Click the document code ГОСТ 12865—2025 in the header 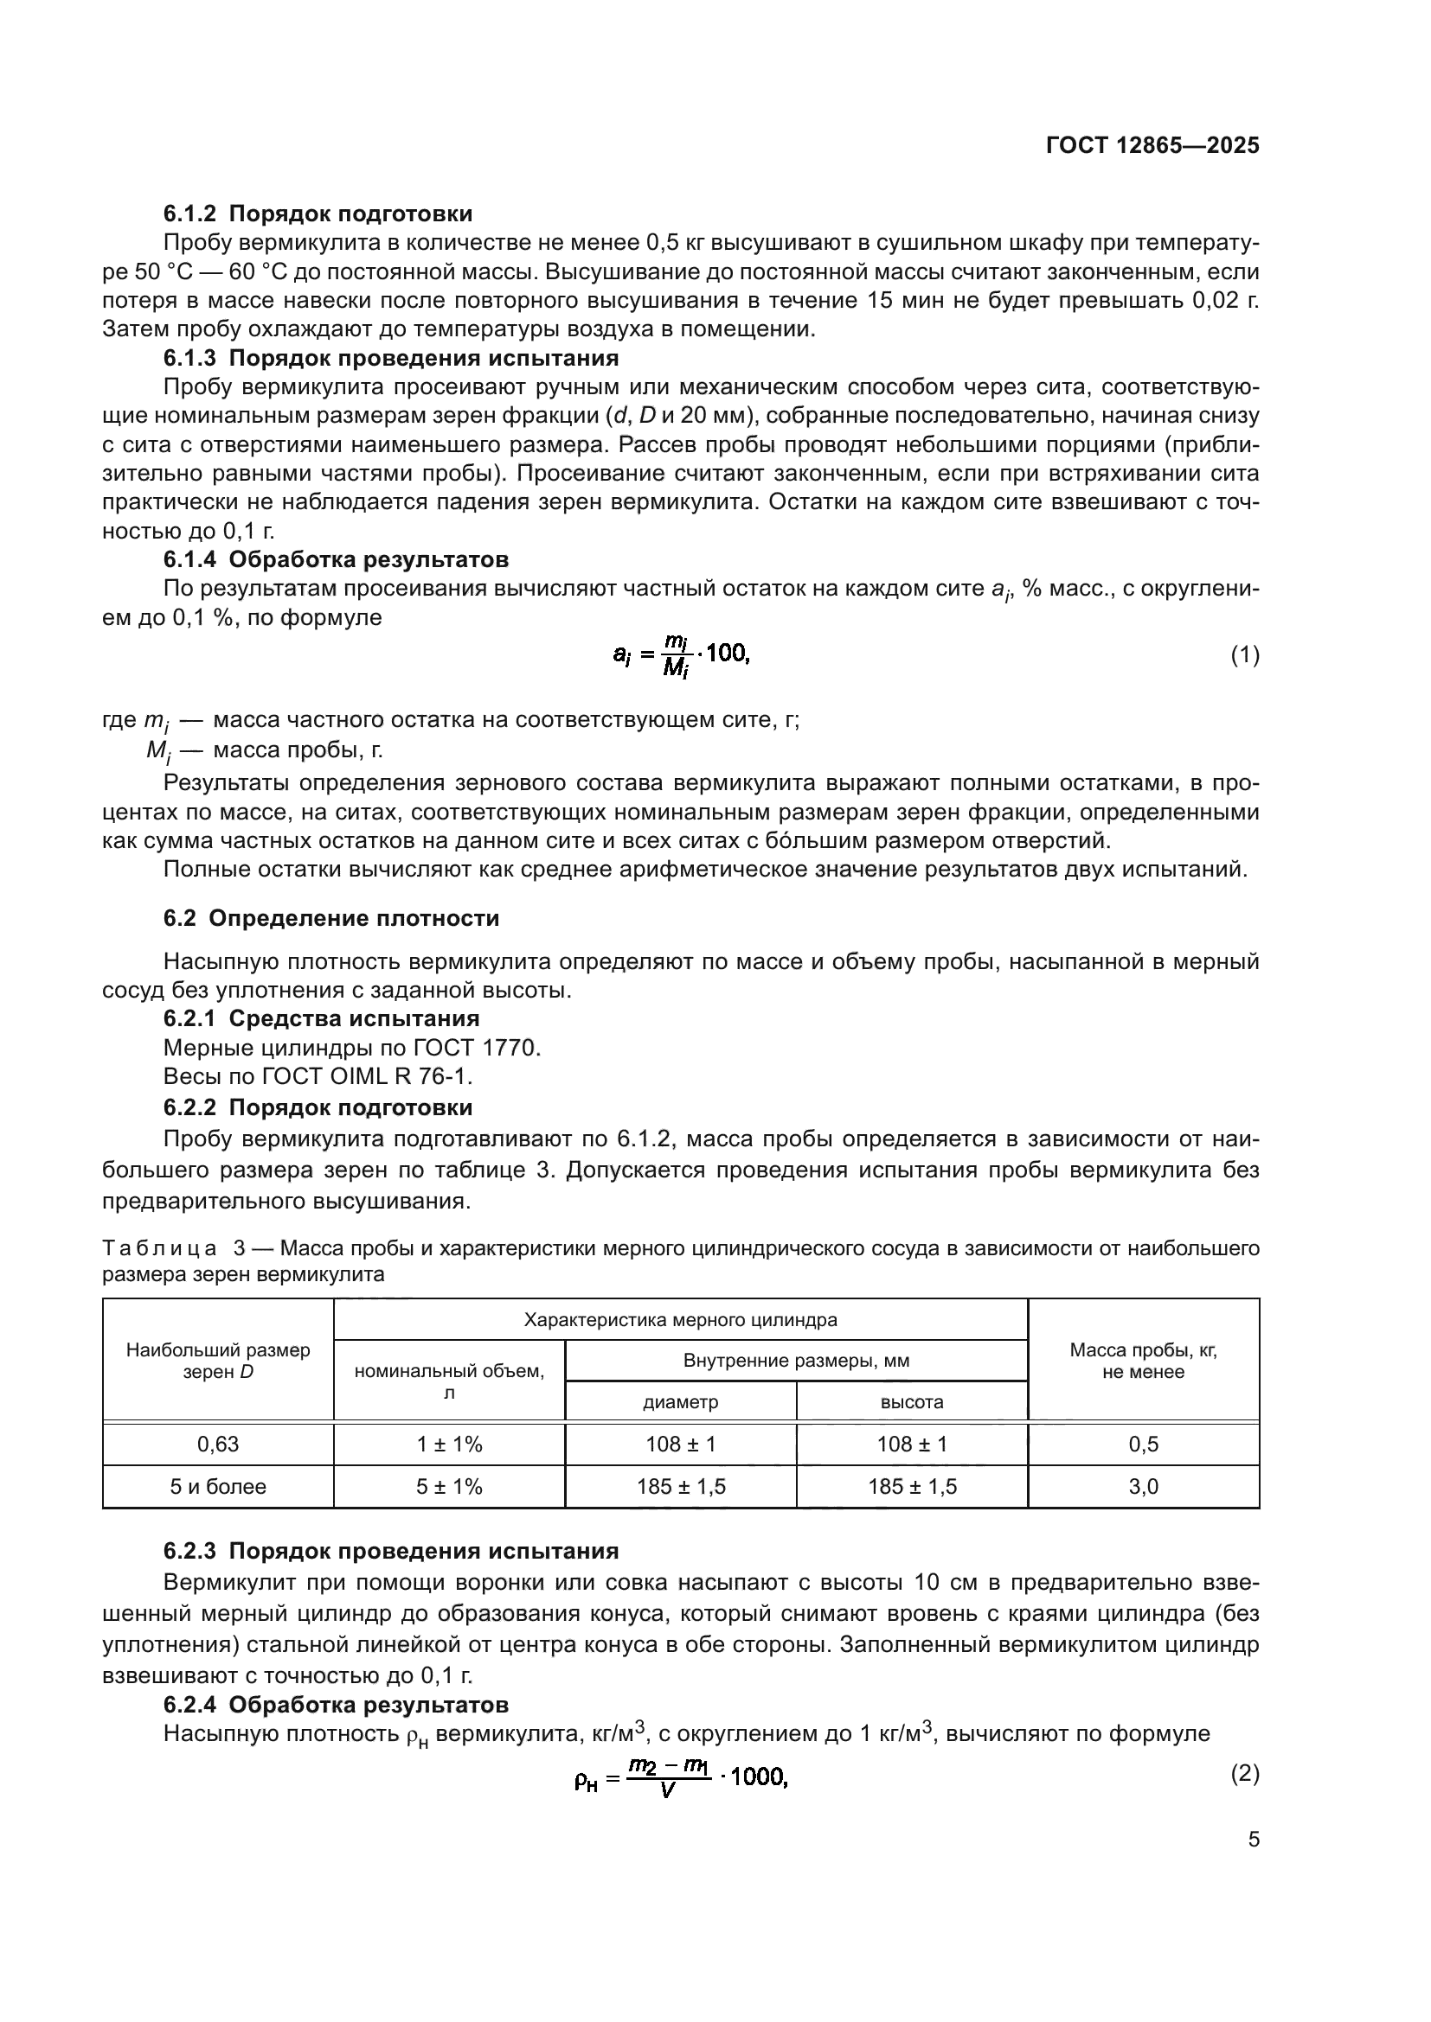coord(1152,146)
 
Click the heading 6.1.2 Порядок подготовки coord(318,214)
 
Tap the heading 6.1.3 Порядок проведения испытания coord(390,359)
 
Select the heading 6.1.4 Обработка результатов coord(336,560)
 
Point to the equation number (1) coord(1244,655)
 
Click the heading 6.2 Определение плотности coord(331,919)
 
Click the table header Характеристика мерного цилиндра coord(680,1320)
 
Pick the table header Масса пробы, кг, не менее coord(1143,1362)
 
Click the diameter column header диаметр coord(680,1402)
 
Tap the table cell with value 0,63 coord(218,1445)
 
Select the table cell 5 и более coord(218,1487)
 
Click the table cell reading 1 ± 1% coord(449,1445)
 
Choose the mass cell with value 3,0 coord(1143,1487)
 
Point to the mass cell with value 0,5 coord(1143,1445)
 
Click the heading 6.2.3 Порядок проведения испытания coord(390,1551)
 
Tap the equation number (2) coord(1244,1774)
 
